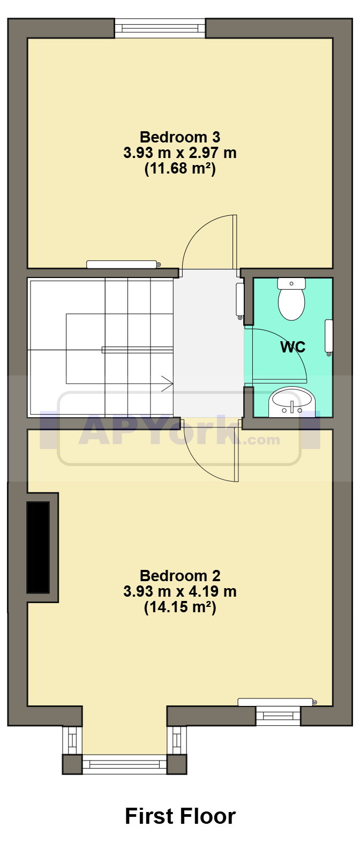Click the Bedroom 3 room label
180,138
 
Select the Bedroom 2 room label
180,576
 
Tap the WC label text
292,347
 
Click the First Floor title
180,816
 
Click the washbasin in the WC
291,402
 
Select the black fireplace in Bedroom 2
38,547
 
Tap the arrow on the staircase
167,384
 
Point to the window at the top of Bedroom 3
160,28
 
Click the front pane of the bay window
125,764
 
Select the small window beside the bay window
278,716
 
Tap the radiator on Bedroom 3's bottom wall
122,264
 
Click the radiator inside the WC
329,336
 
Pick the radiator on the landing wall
240,300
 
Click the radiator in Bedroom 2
276,702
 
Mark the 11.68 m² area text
180,169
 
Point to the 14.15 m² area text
180,607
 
